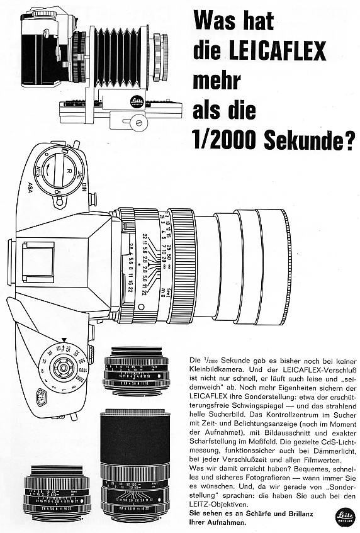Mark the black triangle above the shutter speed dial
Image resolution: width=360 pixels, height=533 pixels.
pyautogui.click(x=64, y=339)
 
